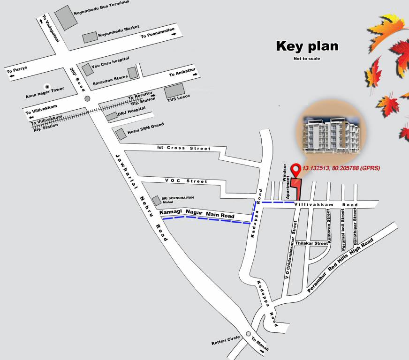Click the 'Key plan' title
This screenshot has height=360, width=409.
click(307, 46)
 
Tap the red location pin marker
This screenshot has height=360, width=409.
click(295, 169)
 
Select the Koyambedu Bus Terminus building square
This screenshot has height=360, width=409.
click(66, 18)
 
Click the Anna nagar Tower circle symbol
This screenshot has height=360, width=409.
click(46, 87)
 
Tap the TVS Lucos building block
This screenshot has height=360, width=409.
click(174, 91)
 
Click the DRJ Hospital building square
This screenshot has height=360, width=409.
click(111, 116)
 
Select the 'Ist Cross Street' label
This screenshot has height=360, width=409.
click(183, 148)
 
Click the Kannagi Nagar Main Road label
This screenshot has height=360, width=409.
click(197, 214)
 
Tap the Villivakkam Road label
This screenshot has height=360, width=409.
click(326, 205)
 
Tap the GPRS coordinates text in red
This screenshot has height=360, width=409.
click(341, 168)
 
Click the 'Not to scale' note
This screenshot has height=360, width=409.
click(306, 59)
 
